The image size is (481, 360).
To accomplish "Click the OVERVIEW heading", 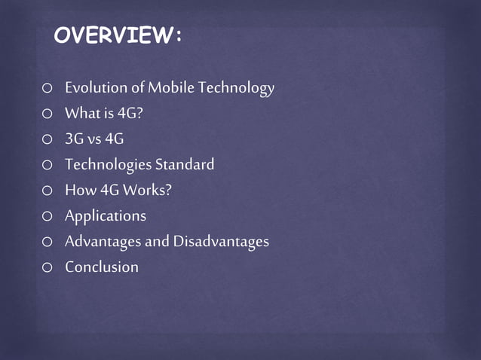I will pyautogui.click(x=118, y=36).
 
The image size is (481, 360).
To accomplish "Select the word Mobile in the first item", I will pyautogui.click(x=172, y=88).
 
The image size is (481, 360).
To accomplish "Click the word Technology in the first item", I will pyautogui.click(x=237, y=89).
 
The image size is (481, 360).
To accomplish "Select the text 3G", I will pyautogui.click(x=74, y=139).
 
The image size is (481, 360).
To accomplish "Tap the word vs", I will pyautogui.click(x=93, y=139).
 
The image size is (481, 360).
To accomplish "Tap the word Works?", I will pyautogui.click(x=149, y=191).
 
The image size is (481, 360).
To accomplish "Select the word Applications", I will pyautogui.click(x=105, y=216).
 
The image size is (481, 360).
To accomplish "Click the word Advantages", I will pyautogui.click(x=101, y=242).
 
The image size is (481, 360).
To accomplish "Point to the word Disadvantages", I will pyautogui.click(x=221, y=242).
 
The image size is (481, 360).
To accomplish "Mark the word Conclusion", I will pyautogui.click(x=102, y=267).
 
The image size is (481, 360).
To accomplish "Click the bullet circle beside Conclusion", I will pyautogui.click(x=47, y=267).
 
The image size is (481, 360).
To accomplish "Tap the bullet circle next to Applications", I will pyautogui.click(x=47, y=217).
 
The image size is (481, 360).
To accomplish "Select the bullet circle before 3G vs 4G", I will pyautogui.click(x=47, y=140).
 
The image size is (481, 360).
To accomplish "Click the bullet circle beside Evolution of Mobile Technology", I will pyautogui.click(x=47, y=89).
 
